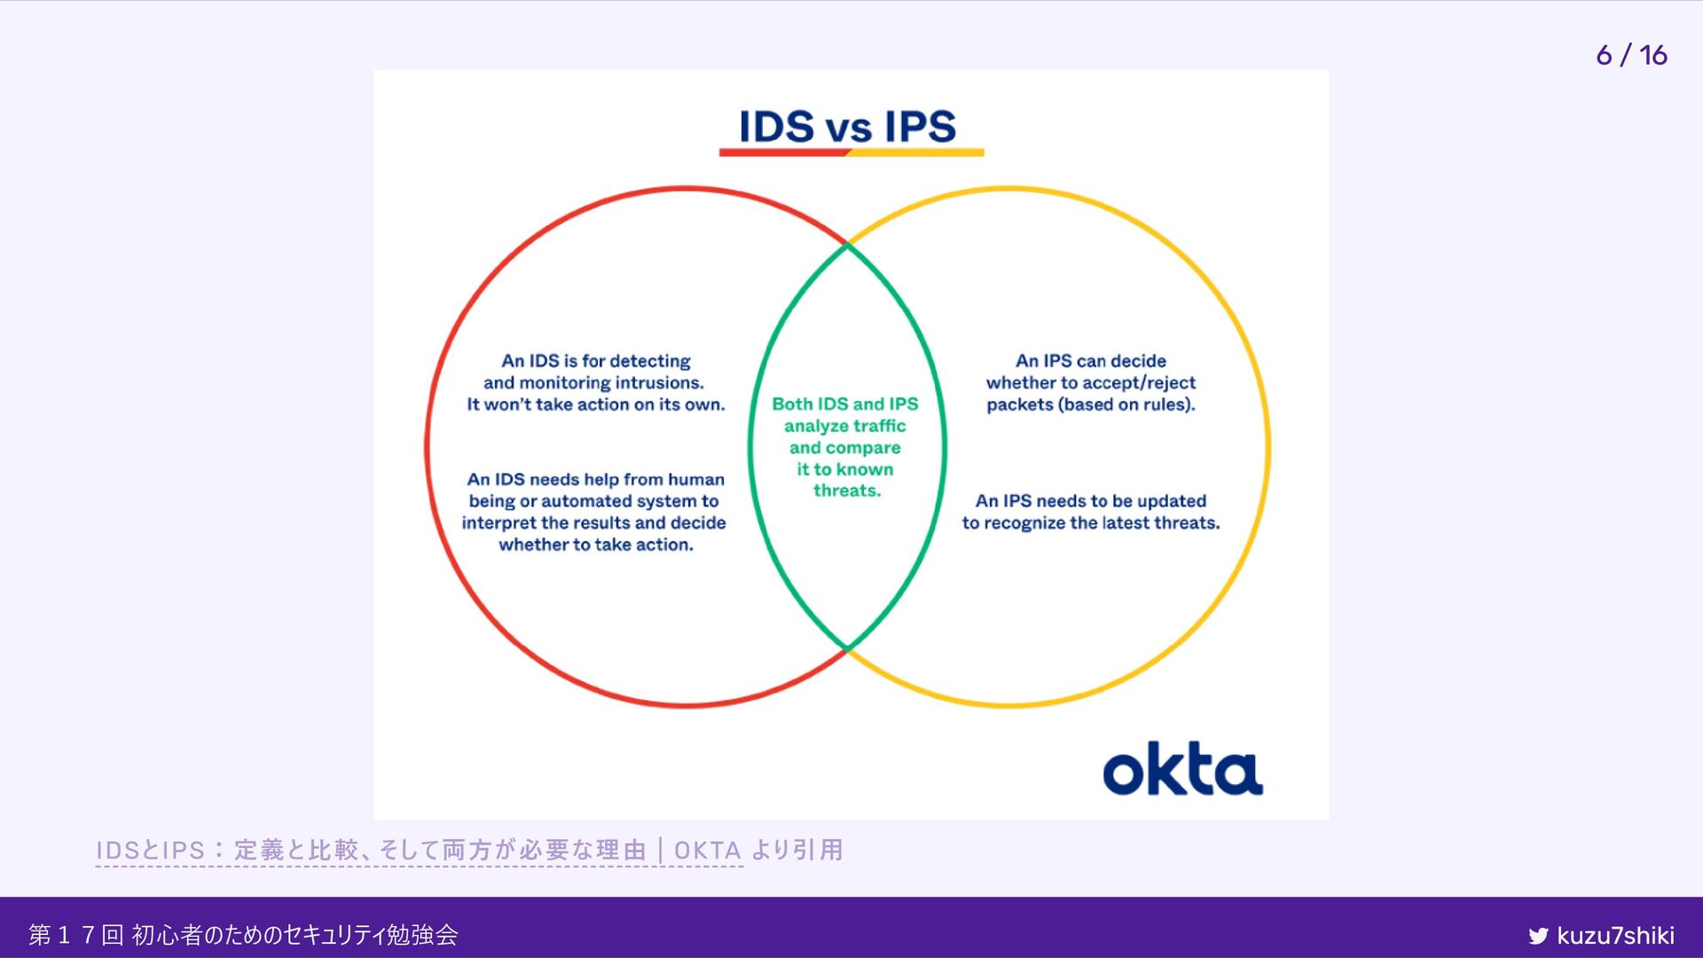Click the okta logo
pos(1182,769)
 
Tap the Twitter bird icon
pos(1538,936)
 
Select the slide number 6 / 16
pos(1631,55)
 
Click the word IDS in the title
pos(776,126)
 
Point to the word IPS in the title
pos(920,126)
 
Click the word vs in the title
pos(848,130)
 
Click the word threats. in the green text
pos(847,491)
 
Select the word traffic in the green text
pos(876,426)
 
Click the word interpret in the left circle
pos(498,523)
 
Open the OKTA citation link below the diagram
pos(419,850)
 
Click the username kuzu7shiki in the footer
pos(1615,936)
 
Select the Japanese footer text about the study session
pos(243,935)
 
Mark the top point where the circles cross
pos(848,243)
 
